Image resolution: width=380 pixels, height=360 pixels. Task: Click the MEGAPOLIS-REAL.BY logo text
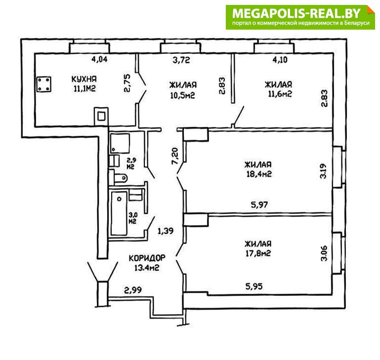(296, 13)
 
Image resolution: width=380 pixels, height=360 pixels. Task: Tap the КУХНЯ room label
(84, 79)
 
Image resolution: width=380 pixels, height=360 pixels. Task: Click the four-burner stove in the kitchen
(44, 84)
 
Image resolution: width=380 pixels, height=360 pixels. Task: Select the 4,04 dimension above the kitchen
(99, 59)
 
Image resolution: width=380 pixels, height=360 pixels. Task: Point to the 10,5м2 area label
(182, 95)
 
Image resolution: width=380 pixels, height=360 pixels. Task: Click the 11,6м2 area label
(280, 94)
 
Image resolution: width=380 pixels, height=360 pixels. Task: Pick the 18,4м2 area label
(259, 174)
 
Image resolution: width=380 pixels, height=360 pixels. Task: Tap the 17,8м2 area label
(258, 253)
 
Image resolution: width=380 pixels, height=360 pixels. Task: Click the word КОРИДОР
(147, 258)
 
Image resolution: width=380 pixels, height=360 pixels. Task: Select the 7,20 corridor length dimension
(175, 156)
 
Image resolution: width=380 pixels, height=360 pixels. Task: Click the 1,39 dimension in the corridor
(166, 231)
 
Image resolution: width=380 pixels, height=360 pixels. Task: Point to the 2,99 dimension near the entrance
(133, 290)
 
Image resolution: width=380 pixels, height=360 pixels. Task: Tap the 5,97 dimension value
(259, 205)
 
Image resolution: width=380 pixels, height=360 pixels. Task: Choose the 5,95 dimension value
(254, 286)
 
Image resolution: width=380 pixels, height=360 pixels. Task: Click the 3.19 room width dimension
(324, 171)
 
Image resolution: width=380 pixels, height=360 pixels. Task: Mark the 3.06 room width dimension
(324, 253)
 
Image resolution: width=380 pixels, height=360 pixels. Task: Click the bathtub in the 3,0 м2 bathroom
(119, 213)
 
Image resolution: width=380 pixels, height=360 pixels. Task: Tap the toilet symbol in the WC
(119, 178)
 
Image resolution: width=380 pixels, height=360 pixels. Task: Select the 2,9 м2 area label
(131, 163)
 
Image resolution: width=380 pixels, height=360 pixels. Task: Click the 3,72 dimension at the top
(181, 60)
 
